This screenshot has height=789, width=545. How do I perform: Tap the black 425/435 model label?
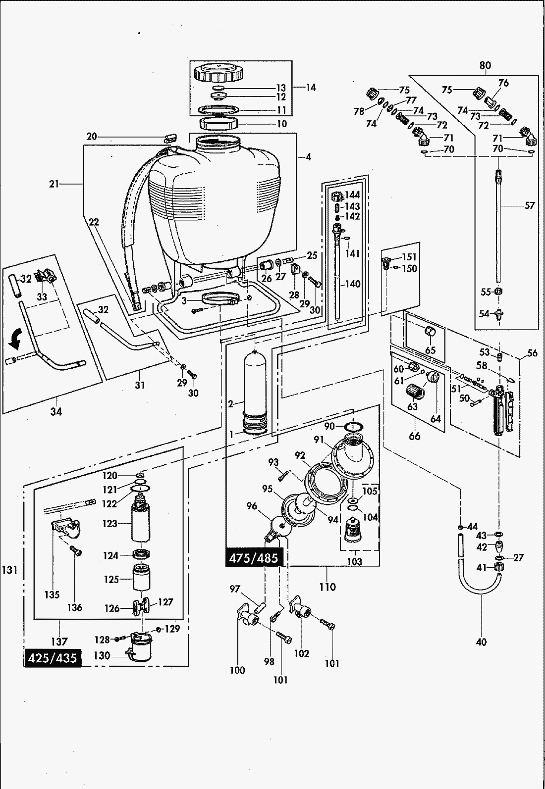click(53, 658)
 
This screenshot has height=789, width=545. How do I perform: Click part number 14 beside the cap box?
click(311, 88)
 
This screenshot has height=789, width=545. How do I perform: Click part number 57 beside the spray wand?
click(530, 205)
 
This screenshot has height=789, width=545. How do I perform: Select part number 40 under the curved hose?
click(481, 642)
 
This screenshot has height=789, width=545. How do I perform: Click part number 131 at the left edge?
click(9, 570)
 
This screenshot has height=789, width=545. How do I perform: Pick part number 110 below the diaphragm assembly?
click(327, 587)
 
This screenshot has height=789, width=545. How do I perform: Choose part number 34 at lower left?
click(56, 411)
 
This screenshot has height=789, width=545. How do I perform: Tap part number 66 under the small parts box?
click(414, 436)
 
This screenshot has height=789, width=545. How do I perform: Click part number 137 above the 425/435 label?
click(59, 641)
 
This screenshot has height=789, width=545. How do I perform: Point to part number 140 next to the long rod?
click(353, 284)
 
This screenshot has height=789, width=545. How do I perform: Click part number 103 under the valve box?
click(355, 561)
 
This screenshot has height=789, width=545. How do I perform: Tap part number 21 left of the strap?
click(54, 184)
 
